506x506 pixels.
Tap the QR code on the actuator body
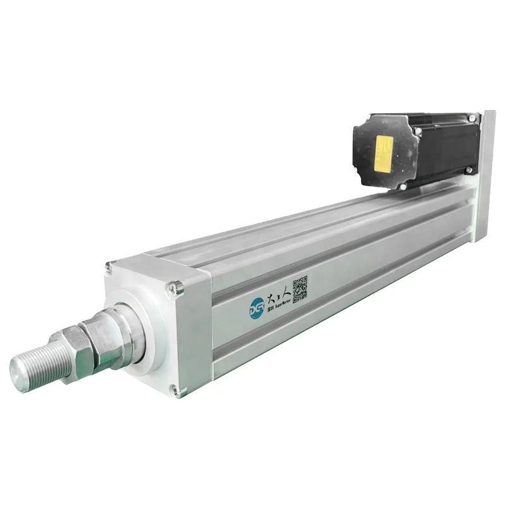pyautogui.click(x=300, y=287)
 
